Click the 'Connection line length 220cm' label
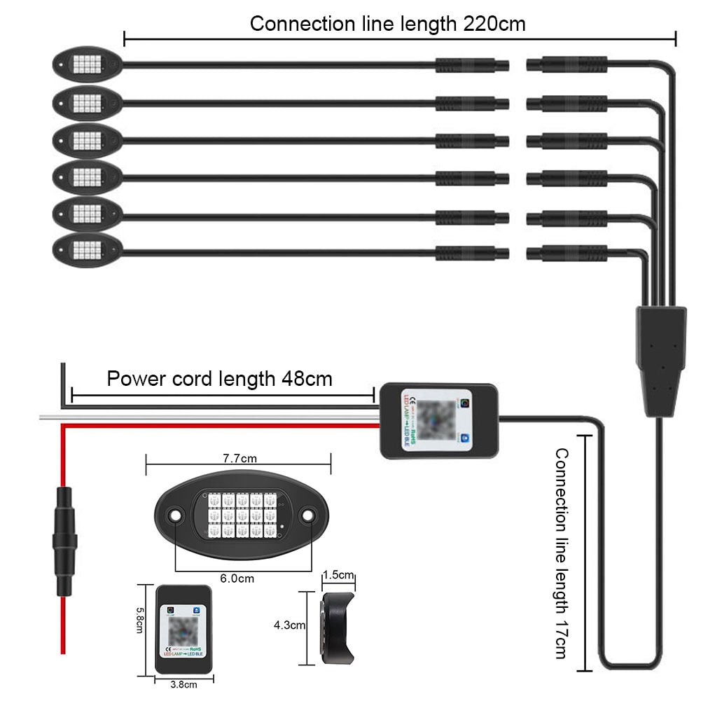coord(387,24)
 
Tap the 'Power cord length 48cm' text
coord(219,379)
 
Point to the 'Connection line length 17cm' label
coord(560,553)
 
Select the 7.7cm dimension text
coord(240,459)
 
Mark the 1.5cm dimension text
coord(338,575)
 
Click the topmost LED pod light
coord(87,65)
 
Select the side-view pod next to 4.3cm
coord(338,627)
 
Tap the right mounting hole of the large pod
coord(307,516)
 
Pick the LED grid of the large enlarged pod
coord(240,516)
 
